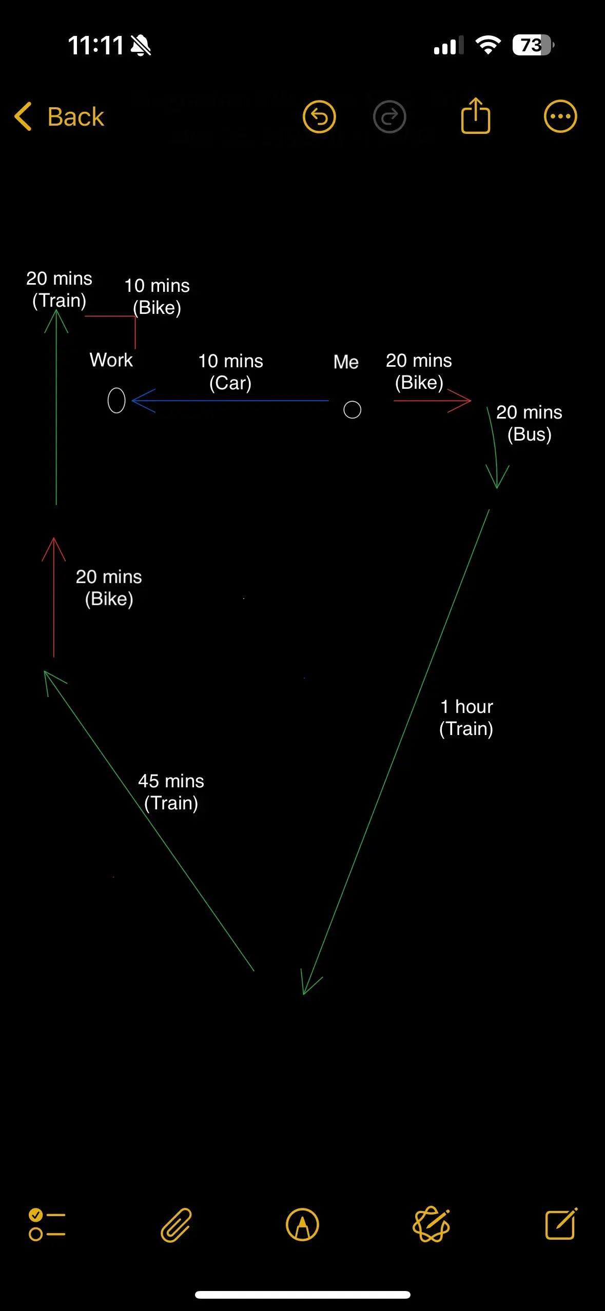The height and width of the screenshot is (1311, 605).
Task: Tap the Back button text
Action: (75, 117)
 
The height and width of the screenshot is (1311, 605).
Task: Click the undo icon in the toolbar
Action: (319, 116)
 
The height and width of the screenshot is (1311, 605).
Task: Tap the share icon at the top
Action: (476, 115)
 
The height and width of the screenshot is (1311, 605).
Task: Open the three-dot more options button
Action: (560, 116)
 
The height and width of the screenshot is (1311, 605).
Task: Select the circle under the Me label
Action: (344, 410)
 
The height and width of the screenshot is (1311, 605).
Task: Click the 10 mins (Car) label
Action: (230, 372)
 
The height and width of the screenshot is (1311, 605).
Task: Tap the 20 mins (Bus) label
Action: (529, 423)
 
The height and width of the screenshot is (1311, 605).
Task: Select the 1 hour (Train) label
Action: (466, 718)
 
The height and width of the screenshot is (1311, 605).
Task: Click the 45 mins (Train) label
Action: (171, 792)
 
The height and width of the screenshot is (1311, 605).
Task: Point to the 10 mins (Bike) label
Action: (157, 296)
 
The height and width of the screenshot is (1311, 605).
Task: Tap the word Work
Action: (111, 360)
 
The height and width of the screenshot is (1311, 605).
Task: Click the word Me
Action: (346, 362)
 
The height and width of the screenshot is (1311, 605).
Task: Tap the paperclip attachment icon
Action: (176, 1225)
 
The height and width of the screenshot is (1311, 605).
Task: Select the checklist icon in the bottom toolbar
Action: (47, 1225)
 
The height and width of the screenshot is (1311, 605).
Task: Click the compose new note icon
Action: (561, 1224)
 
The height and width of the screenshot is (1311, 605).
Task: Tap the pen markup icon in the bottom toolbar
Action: (302, 1225)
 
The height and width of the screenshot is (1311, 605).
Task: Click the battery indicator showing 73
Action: (533, 45)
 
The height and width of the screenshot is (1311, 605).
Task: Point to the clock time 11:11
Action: (95, 45)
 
